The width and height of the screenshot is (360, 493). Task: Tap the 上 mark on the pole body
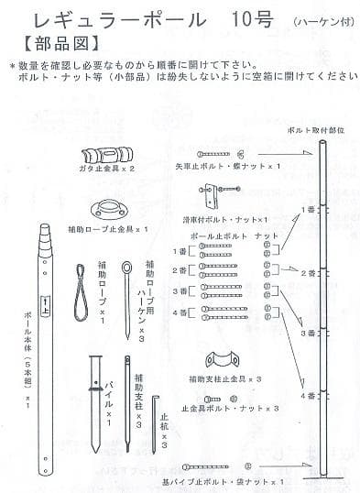click(46, 303)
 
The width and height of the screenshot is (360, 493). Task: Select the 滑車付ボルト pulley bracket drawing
click(210, 196)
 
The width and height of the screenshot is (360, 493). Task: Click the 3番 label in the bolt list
click(180, 291)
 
